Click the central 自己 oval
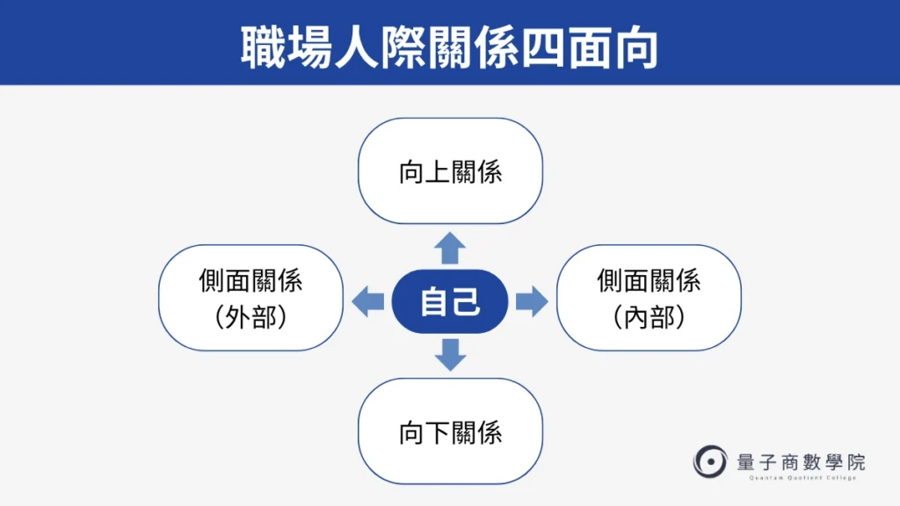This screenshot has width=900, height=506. point(450,302)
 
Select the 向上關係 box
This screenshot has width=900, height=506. point(450,171)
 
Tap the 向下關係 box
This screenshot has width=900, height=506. point(450,432)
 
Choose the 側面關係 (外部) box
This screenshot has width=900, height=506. point(250,298)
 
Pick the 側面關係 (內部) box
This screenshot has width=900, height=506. point(650,298)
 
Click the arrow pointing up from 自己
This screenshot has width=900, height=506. point(451,249)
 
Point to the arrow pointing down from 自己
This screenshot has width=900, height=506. point(451,353)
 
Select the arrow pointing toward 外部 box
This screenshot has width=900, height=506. point(367,302)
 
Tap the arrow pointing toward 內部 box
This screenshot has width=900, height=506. point(531,302)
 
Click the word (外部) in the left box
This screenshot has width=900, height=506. point(250,317)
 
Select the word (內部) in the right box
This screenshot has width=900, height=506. point(650,317)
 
